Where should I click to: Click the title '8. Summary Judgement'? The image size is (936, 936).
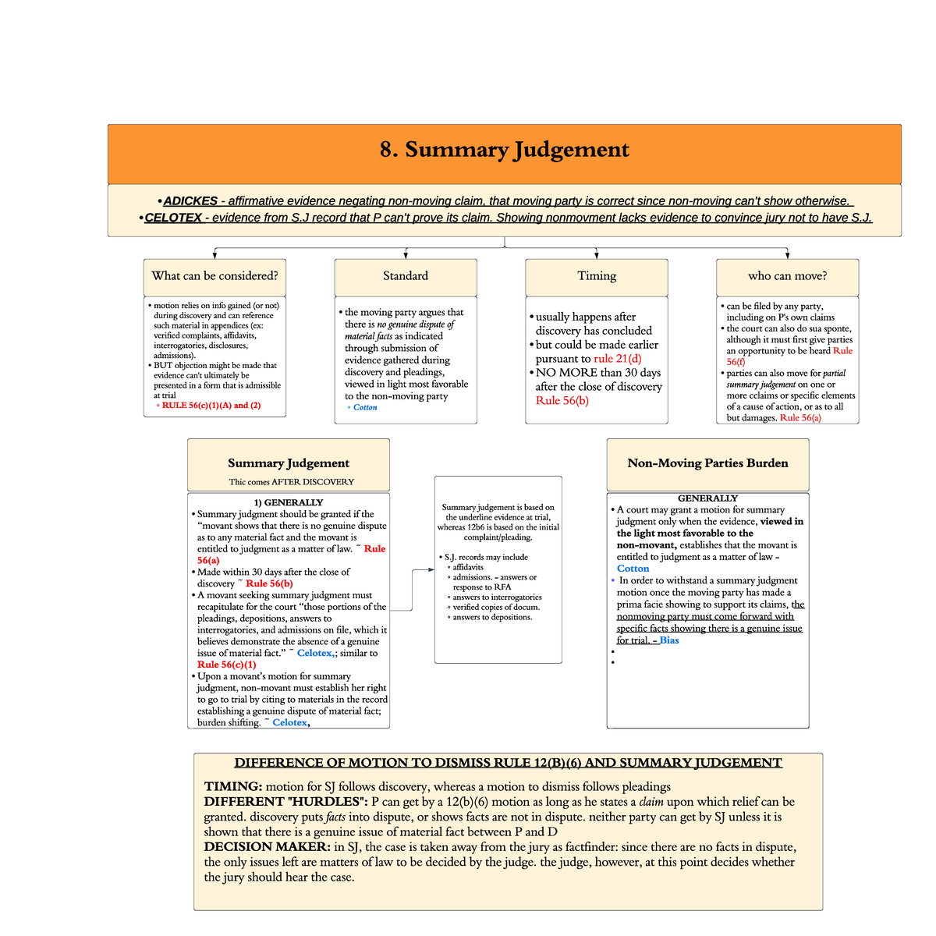point(504,150)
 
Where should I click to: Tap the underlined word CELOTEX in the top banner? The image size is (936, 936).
point(173,218)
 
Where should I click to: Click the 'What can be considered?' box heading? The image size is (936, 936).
point(214,276)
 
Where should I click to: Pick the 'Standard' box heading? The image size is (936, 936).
point(406,276)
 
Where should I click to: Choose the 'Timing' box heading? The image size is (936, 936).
point(597,276)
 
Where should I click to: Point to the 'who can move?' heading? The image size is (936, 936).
point(787,276)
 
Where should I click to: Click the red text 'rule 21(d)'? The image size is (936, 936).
point(617,359)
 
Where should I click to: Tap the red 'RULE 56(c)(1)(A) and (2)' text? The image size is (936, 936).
point(211,406)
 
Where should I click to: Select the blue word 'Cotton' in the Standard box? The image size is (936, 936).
point(365,408)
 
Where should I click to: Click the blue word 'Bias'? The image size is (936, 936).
point(669,640)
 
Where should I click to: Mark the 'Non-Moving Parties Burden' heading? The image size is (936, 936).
point(707,463)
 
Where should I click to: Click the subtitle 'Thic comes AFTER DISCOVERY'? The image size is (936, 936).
point(291,482)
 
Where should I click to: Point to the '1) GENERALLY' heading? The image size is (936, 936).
point(288,503)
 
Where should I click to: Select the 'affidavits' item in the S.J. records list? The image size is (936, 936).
point(468,568)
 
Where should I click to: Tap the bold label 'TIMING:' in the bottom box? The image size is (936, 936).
point(232,787)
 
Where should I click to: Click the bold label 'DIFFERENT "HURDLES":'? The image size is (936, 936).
point(285,802)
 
